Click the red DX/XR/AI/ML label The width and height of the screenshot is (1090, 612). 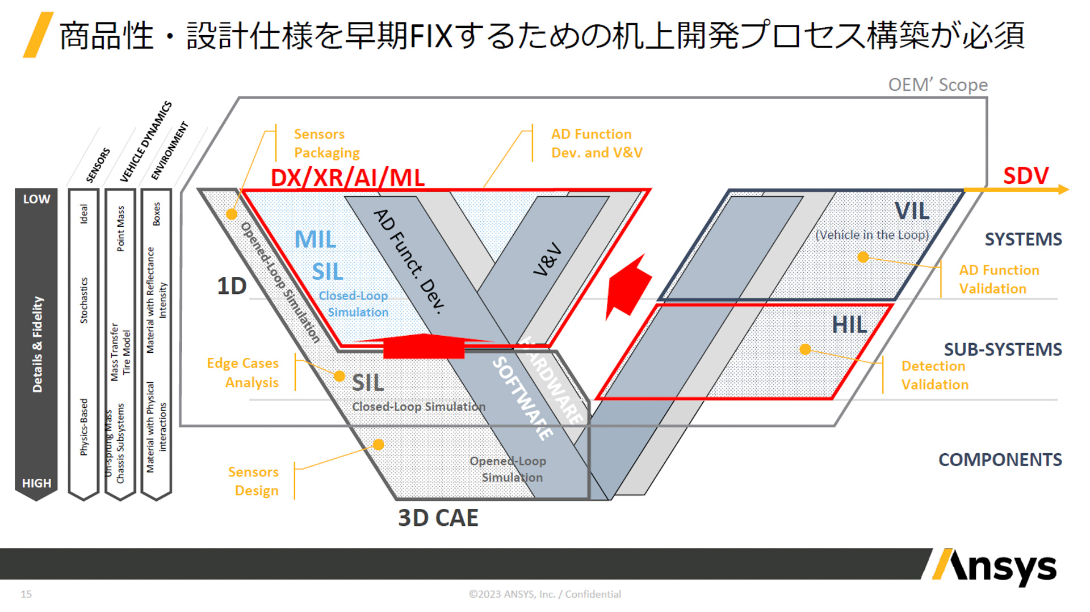click(347, 178)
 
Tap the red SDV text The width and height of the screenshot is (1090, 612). click(1025, 176)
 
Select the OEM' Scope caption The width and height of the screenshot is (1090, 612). click(938, 85)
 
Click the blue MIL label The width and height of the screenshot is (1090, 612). click(315, 239)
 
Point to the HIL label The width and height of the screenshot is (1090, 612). click(849, 325)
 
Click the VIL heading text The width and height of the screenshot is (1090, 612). click(912, 211)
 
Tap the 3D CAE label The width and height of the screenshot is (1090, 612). click(438, 518)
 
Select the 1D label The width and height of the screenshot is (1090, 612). click(232, 286)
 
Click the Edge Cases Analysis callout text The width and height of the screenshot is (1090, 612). click(243, 373)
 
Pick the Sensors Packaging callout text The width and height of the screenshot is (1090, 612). click(326, 143)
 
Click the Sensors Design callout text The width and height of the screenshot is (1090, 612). click(254, 481)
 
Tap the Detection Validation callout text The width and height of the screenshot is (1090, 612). click(934, 375)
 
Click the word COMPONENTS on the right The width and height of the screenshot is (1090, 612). click(1000, 459)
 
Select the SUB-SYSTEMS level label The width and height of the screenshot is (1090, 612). click(1003, 349)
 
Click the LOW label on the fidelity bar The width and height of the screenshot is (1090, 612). click(36, 199)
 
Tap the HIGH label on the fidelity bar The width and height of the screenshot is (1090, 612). click(36, 483)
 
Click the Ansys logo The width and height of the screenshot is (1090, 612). click(995, 567)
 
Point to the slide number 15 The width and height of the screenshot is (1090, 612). click(26, 594)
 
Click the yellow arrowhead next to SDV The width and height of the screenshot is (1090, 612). click(1063, 189)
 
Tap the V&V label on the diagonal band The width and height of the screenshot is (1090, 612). click(547, 259)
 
